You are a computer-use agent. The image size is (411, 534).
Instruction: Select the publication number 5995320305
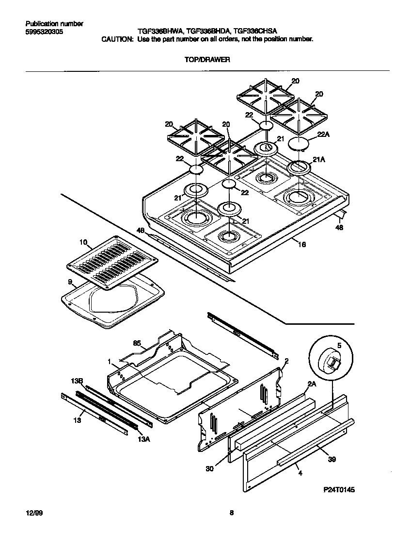tap(43, 32)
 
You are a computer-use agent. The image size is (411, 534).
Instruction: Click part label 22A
tap(323, 136)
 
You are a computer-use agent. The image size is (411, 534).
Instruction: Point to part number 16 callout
tap(301, 245)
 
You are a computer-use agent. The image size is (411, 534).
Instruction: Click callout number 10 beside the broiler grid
tap(83, 242)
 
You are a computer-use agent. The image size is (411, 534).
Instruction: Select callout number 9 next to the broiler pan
tap(70, 282)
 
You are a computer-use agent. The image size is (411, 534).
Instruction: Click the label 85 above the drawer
tap(137, 343)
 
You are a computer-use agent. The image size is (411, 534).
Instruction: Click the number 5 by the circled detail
tap(339, 345)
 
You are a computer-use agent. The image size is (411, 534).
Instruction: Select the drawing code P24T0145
tap(337, 490)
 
